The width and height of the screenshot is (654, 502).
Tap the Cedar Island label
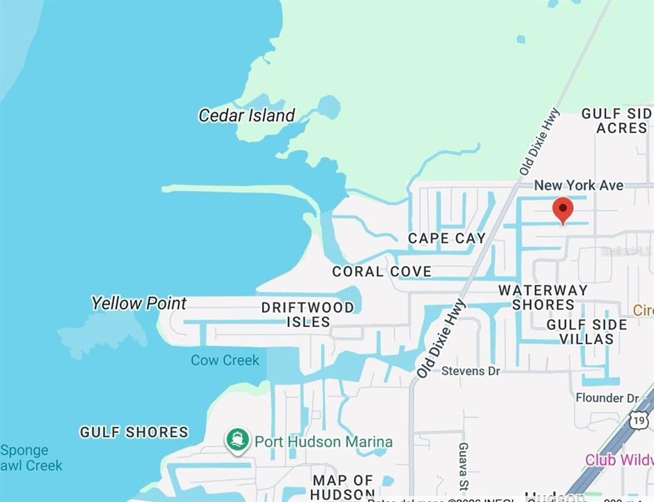click(247, 116)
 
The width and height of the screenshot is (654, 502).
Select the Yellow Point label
click(139, 303)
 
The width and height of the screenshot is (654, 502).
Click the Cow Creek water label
click(225, 360)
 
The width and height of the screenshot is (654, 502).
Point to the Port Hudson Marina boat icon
click(238, 441)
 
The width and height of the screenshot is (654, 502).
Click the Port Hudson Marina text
click(323, 441)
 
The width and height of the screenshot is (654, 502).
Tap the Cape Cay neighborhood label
click(447, 238)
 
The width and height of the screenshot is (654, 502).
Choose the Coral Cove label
click(381, 271)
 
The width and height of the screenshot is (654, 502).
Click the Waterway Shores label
click(543, 297)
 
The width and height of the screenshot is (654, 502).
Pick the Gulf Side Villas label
click(586, 332)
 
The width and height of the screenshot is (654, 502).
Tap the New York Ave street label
click(579, 185)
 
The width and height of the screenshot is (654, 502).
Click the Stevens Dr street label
click(471, 371)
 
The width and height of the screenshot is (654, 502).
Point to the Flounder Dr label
click(607, 398)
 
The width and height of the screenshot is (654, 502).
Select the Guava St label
click(463, 459)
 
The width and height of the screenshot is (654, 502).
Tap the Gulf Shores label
click(134, 432)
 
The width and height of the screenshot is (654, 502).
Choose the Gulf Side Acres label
click(616, 121)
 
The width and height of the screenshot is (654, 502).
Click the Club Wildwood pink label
click(618, 460)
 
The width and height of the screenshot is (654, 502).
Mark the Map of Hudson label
click(342, 487)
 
